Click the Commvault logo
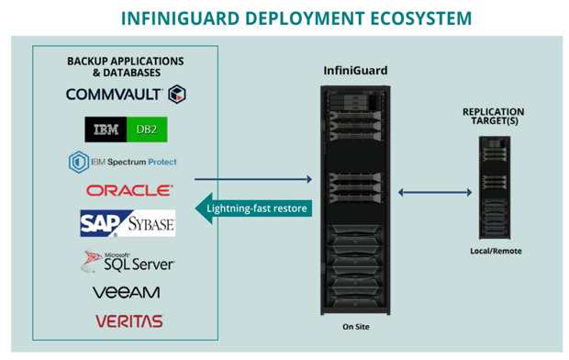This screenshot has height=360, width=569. point(126,94)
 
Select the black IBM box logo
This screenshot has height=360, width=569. point(106,129)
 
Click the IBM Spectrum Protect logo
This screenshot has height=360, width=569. point(123,162)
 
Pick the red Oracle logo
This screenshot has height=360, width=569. point(129,190)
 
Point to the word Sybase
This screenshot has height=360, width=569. point(149,223)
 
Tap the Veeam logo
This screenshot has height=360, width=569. point(126,292)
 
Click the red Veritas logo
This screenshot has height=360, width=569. point(128,321)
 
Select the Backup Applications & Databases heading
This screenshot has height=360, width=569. point(126,66)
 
